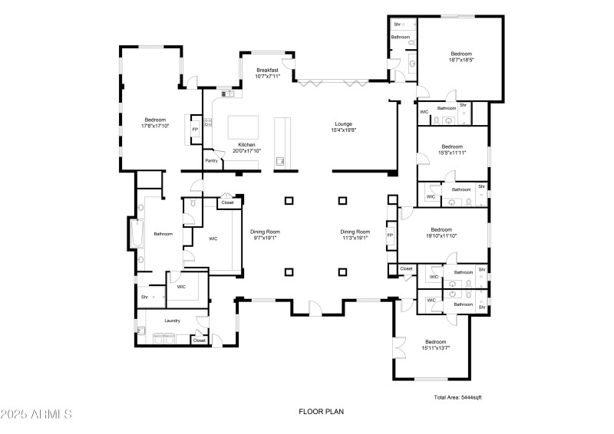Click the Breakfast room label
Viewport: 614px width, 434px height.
268,70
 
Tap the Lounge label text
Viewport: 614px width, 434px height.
343,123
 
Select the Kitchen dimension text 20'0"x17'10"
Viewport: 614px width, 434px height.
247,151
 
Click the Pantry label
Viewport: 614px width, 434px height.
211,160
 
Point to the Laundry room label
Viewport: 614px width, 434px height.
172,321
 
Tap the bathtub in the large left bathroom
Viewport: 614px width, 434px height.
137,235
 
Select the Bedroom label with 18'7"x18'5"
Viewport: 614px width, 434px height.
460,54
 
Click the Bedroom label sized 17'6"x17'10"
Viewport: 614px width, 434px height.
155,120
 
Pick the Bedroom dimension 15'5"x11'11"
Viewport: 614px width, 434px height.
452,153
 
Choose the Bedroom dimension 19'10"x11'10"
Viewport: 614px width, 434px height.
441,236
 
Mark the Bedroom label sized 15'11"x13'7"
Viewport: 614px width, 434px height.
435,342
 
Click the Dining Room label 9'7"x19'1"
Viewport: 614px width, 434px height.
265,232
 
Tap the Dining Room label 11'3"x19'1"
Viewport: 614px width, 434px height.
355,232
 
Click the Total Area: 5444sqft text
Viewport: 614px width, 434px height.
457,397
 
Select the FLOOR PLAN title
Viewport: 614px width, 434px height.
321,412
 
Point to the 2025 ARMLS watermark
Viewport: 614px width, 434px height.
36,414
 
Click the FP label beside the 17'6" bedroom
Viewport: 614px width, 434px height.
195,130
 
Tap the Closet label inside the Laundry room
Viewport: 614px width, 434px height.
199,340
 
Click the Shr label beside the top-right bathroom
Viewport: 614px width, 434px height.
397,25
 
